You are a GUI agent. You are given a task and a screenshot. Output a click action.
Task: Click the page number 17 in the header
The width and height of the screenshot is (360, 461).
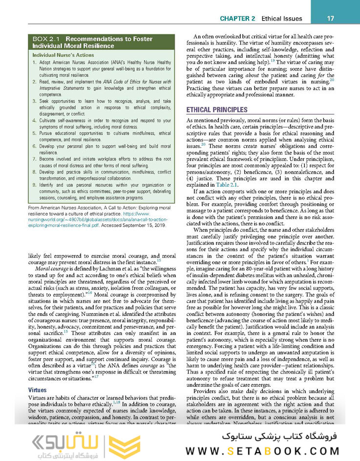click(330, 19)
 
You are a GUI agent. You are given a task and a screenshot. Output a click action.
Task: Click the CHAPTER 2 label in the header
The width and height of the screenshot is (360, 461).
click(237, 19)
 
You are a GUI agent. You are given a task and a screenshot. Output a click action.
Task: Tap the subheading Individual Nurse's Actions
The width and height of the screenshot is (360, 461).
click(63, 55)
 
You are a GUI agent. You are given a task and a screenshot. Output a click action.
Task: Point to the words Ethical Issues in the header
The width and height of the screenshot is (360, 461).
click(281, 19)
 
